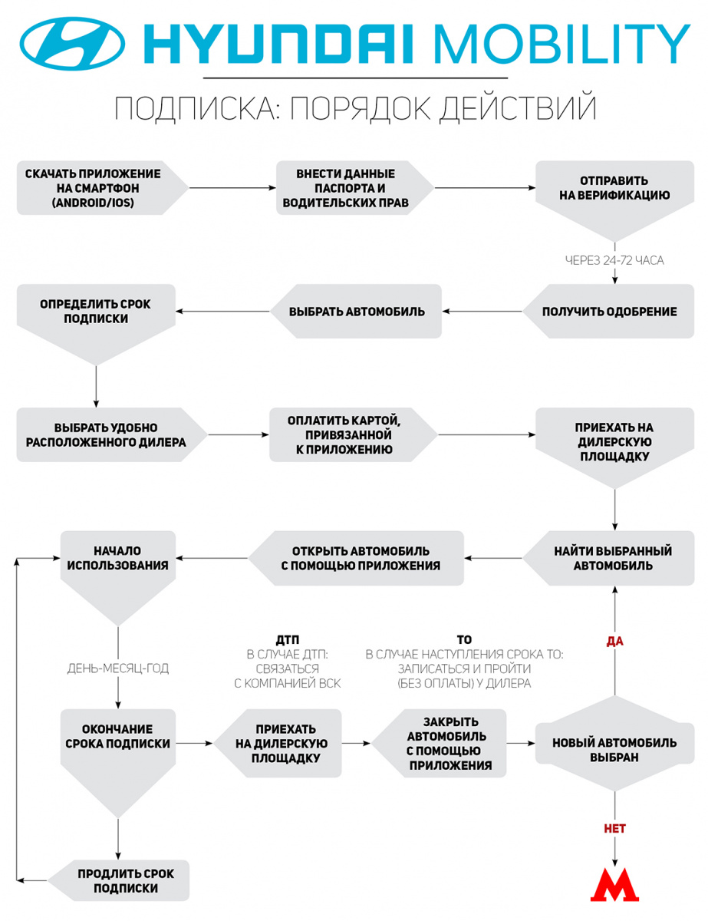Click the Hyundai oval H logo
pyautogui.click(x=72, y=44)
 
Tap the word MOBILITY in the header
pyautogui.click(x=561, y=44)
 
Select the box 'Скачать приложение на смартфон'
pyautogui.click(x=103, y=188)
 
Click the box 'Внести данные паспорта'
pyautogui.click(x=355, y=188)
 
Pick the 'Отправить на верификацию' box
pyautogui.click(x=614, y=200)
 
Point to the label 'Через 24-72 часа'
pyautogui.click(x=614, y=260)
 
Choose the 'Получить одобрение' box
pyautogui.click(x=608, y=311)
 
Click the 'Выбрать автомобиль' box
pyautogui.click(x=356, y=311)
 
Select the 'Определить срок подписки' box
pyautogui.click(x=96, y=322)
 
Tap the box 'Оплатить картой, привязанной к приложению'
pyautogui.click(x=353, y=434)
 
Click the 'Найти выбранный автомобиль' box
pyautogui.click(x=608, y=558)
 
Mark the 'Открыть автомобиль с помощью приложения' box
pyautogui.click(x=356, y=558)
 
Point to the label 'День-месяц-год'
pyautogui.click(x=117, y=668)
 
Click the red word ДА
pyautogui.click(x=615, y=642)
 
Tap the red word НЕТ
pyautogui.click(x=615, y=828)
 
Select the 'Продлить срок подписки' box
pyautogui.click(x=118, y=880)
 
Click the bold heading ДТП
pyautogui.click(x=288, y=640)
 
